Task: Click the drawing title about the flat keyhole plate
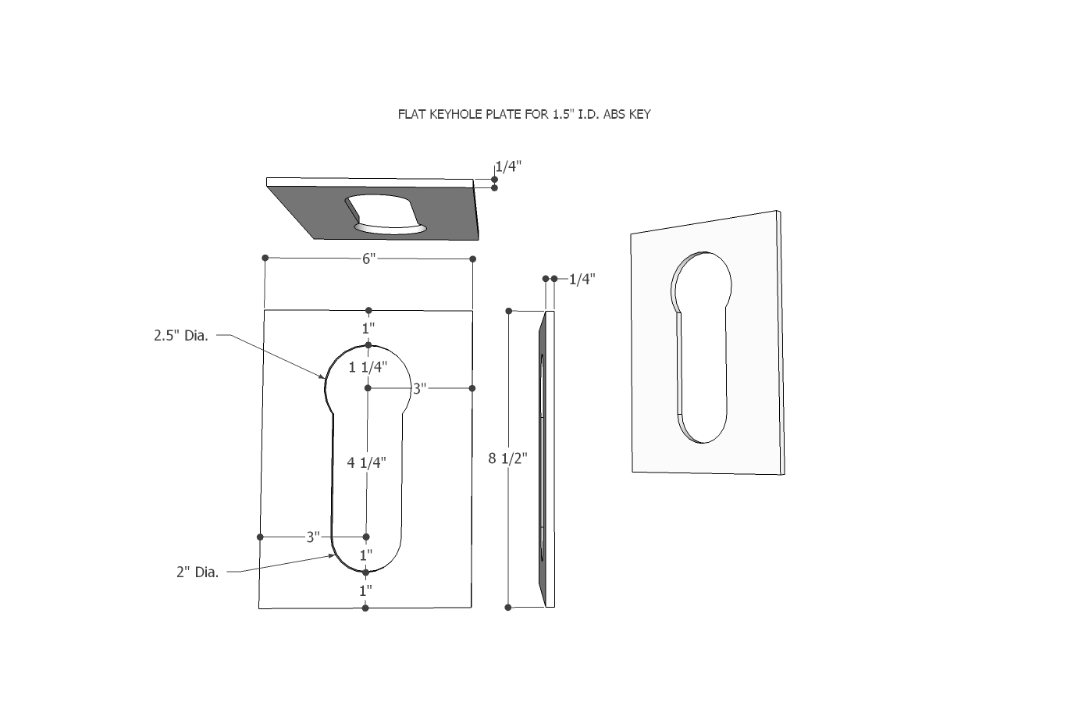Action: click(524, 114)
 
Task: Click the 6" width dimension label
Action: click(369, 258)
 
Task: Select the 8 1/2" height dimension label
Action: click(508, 458)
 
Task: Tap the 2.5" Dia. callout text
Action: click(181, 336)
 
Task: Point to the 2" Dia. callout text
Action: click(198, 572)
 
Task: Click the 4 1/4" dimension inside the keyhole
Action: click(367, 462)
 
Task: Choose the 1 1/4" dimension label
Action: click(367, 366)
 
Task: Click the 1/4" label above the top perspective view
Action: click(508, 166)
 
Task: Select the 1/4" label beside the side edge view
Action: click(582, 279)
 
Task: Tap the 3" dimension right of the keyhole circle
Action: click(420, 388)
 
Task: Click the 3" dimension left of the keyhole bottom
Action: click(313, 537)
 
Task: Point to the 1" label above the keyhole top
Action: click(368, 328)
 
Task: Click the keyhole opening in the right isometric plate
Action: click(702, 344)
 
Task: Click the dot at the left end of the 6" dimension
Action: click(265, 258)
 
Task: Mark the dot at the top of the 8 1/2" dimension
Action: click(509, 311)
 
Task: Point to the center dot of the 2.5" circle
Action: click(368, 388)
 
